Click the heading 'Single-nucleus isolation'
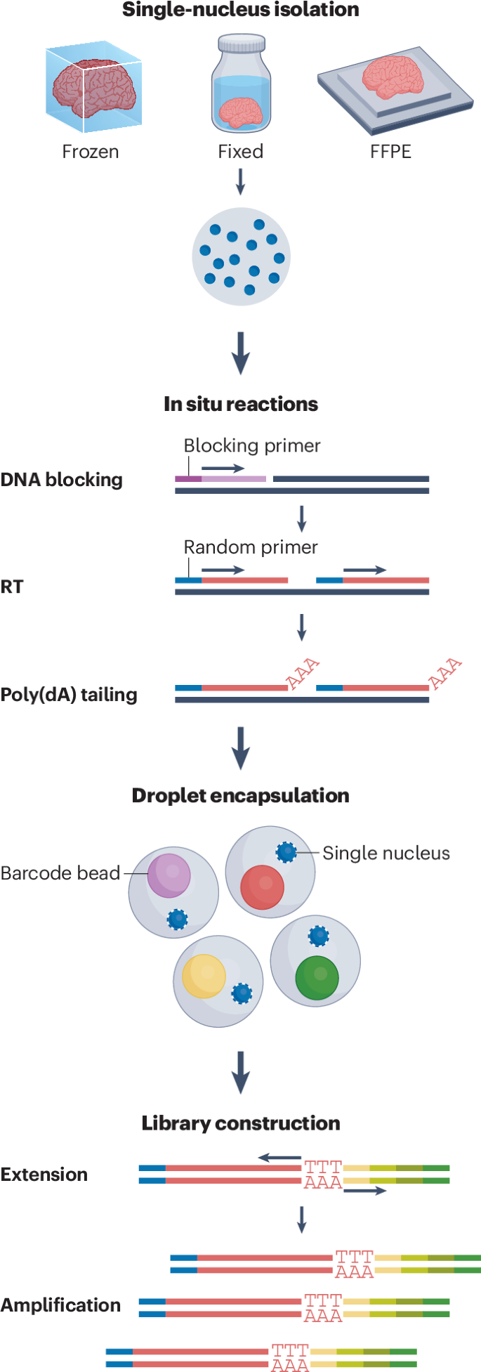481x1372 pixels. [x=240, y=10]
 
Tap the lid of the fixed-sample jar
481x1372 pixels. [x=241, y=44]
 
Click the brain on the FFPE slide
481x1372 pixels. [x=393, y=76]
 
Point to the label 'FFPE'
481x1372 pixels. [x=390, y=152]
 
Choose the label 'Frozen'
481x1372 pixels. [x=91, y=152]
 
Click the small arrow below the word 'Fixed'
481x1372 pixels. [x=240, y=181]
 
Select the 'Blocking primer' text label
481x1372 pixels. [x=251, y=446]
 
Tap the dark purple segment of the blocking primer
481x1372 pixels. [x=188, y=479]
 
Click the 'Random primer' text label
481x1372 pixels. [x=251, y=547]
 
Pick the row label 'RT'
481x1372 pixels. [x=12, y=587]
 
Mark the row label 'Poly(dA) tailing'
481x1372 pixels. [x=69, y=695]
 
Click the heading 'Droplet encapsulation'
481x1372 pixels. [x=240, y=795]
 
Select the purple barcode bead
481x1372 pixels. [x=169, y=875]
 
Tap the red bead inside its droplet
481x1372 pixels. [x=262, y=887]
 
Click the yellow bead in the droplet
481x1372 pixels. [x=204, y=976]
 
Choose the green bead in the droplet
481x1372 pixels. [x=317, y=977]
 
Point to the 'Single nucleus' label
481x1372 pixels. [x=386, y=853]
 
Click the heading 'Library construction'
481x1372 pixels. [x=240, y=1123]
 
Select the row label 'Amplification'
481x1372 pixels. [x=60, y=1305]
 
